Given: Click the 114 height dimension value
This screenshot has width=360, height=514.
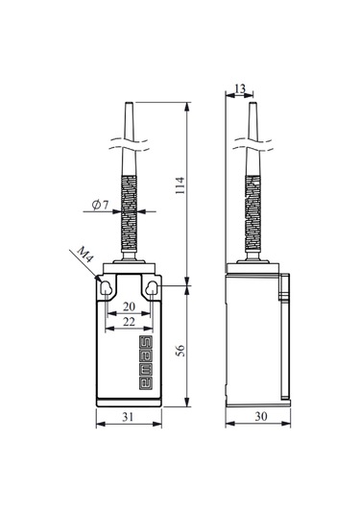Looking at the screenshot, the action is [x=180, y=185].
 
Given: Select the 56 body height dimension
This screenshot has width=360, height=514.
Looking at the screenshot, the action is [x=180, y=351].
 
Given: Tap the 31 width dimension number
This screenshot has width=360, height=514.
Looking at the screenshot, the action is [x=128, y=417].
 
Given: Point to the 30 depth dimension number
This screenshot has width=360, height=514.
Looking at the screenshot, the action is [x=261, y=416].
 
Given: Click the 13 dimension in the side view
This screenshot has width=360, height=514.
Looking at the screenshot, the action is [x=240, y=88].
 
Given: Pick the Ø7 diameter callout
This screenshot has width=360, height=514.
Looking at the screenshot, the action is [x=100, y=206].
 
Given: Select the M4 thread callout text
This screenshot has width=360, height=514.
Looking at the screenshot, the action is [x=84, y=254].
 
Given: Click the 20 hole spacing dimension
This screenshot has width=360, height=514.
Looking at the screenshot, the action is [x=129, y=306].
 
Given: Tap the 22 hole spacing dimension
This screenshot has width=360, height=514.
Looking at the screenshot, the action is [x=129, y=322].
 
